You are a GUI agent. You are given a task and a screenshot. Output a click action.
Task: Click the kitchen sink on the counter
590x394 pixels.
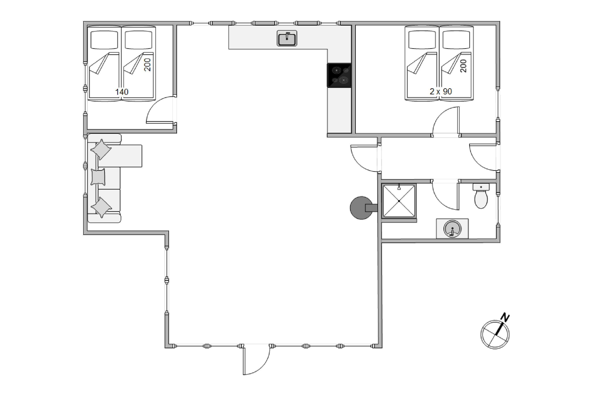pos(287,38)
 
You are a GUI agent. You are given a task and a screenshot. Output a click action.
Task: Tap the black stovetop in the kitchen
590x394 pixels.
pos(339,75)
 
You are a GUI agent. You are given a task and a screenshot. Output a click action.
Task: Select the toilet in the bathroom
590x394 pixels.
pos(481,196)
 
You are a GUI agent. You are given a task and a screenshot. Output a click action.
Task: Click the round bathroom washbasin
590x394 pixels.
pos(452,229)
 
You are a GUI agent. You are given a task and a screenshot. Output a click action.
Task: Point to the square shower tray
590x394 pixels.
pos(399,201)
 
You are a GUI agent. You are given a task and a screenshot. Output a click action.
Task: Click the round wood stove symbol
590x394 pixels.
pos(361,208)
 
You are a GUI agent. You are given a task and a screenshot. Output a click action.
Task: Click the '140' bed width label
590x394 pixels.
pos(122,92)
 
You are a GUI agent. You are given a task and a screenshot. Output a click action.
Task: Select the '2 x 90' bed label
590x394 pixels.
pos(441,91)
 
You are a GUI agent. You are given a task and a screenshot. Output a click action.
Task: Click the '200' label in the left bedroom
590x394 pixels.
pos(147,65)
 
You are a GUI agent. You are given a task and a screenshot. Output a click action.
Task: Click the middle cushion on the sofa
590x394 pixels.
pos(98,177)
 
